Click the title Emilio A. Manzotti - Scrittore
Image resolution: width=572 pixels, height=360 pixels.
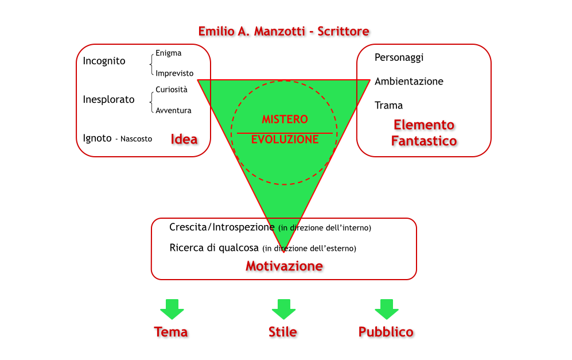click(x=283, y=31)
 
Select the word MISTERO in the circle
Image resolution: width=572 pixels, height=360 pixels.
click(x=285, y=119)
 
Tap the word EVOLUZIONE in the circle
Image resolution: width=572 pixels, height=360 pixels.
click(x=285, y=140)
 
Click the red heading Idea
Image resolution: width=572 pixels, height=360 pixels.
click(x=184, y=139)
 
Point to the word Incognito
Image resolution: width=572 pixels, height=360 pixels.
click(x=104, y=61)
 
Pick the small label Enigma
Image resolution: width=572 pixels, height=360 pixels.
click(x=168, y=53)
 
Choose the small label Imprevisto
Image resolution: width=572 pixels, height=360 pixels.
click(x=174, y=73)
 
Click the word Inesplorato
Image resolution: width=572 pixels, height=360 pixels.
click(x=108, y=99)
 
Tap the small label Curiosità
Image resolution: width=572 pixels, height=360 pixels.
click(x=171, y=90)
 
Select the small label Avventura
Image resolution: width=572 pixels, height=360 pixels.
click(x=173, y=110)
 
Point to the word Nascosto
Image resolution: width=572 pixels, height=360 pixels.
click(x=136, y=139)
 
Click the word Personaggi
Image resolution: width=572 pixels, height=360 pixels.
click(x=399, y=57)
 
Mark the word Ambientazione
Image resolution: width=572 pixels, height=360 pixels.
click(x=408, y=82)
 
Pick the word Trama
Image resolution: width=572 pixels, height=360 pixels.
click(x=388, y=105)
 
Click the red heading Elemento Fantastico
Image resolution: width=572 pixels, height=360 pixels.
click(x=424, y=133)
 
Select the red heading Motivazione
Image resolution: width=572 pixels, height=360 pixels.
click(x=284, y=266)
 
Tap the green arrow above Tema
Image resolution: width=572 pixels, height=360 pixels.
click(x=172, y=309)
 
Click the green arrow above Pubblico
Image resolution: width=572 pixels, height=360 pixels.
click(x=386, y=309)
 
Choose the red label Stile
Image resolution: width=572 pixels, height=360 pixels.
click(x=282, y=332)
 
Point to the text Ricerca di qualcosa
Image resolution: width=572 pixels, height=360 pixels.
click(x=214, y=248)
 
